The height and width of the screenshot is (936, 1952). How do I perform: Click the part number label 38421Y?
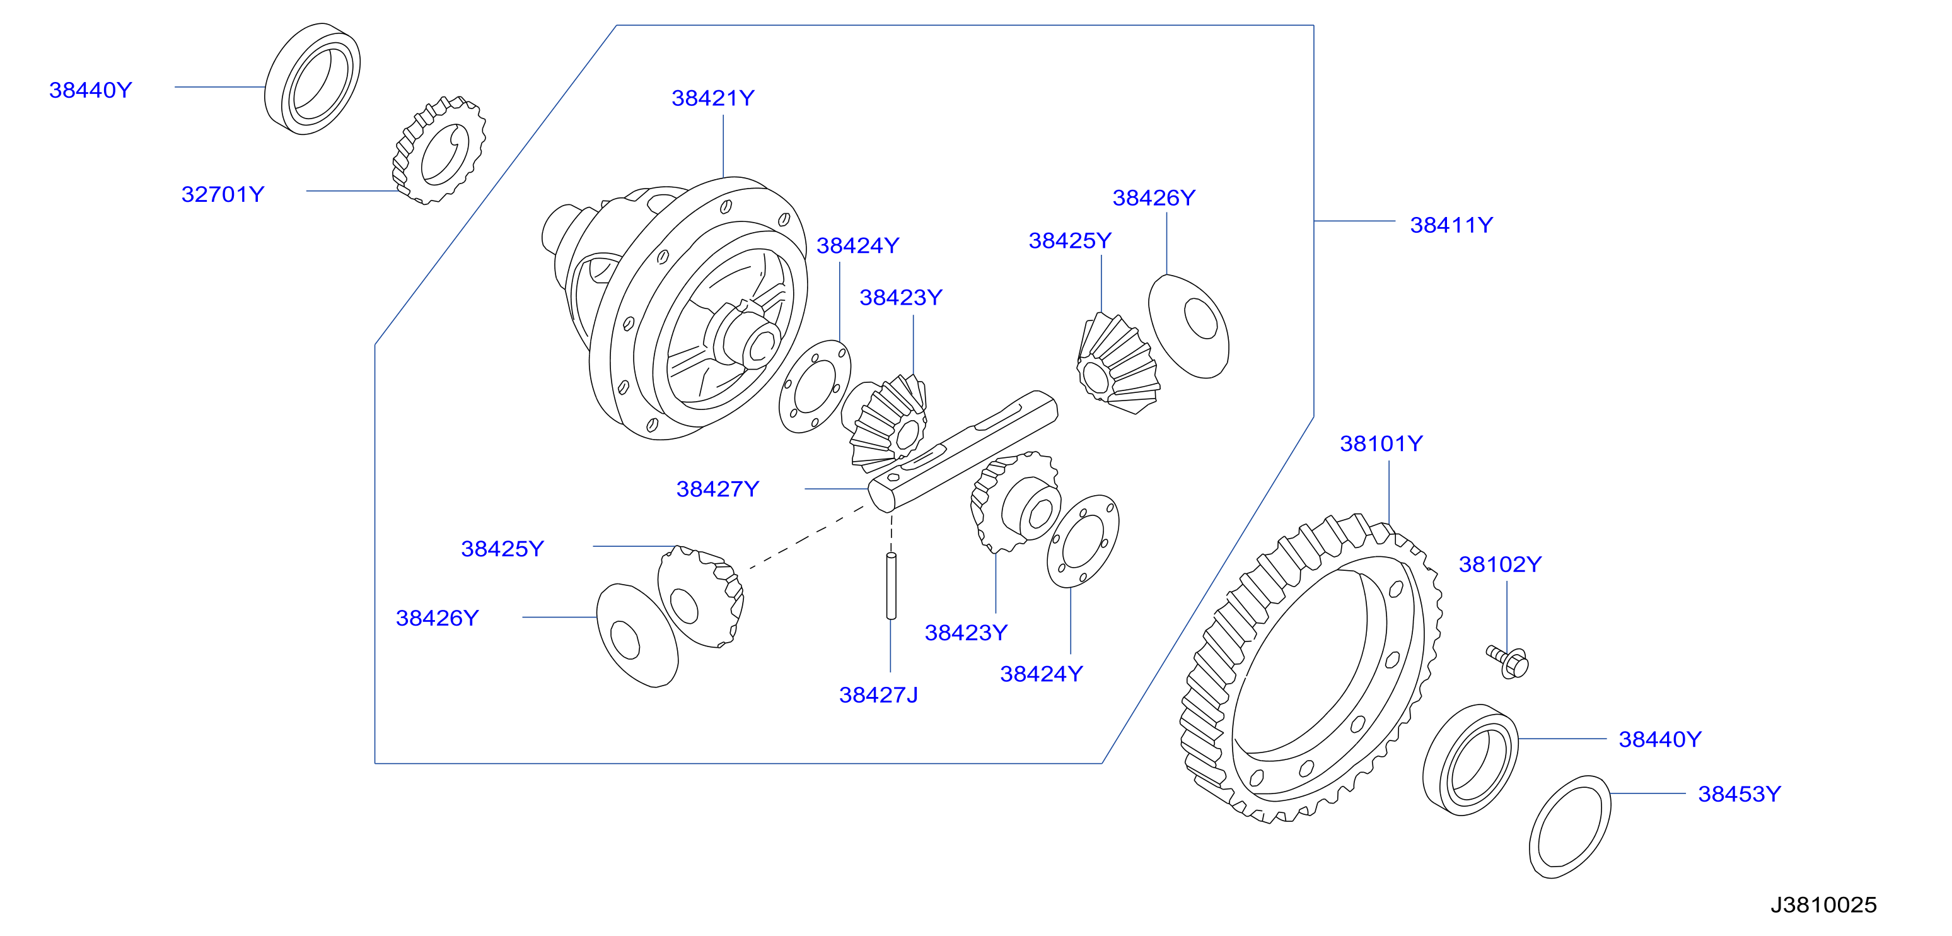[x=712, y=98]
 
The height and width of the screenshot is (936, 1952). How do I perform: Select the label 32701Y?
[x=223, y=195]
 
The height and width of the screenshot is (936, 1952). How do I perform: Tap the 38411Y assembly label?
[x=1451, y=225]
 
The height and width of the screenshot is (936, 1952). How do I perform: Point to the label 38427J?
[x=878, y=695]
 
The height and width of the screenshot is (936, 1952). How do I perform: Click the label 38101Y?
[x=1381, y=443]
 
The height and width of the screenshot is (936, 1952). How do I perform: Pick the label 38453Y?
[x=1739, y=794]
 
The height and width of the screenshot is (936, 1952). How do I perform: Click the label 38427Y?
[x=717, y=489]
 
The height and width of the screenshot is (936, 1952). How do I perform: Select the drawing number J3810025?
[x=1823, y=905]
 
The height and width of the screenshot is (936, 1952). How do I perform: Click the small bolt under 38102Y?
[x=1508, y=662]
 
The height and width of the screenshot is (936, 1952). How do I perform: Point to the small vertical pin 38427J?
[x=891, y=586]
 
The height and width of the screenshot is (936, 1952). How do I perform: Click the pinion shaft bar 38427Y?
[x=962, y=452]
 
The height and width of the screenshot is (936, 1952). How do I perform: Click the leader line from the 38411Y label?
[x=1354, y=221]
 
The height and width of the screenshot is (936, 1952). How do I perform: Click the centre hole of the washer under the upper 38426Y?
[x=1201, y=319]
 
